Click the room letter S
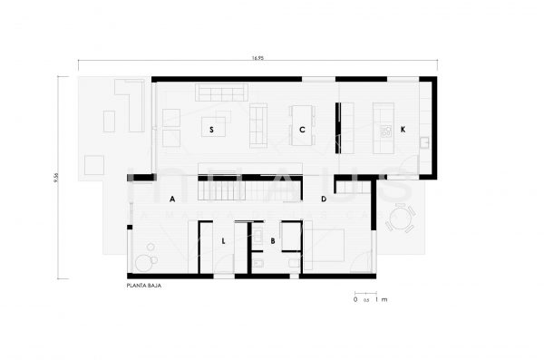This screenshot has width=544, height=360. pos(211,130)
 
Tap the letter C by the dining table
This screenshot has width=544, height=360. pos(302,130)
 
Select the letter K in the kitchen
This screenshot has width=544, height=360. pos(402,130)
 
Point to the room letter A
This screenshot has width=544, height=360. pos(170,198)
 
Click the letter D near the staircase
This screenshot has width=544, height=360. pos(324,198)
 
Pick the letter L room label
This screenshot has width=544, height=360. pos(223,241)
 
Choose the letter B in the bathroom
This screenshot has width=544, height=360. pos(272,241)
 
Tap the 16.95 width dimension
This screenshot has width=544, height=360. pos(258,58)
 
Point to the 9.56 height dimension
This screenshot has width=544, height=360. pos(56,178)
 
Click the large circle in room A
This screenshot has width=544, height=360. pos(144,263)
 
